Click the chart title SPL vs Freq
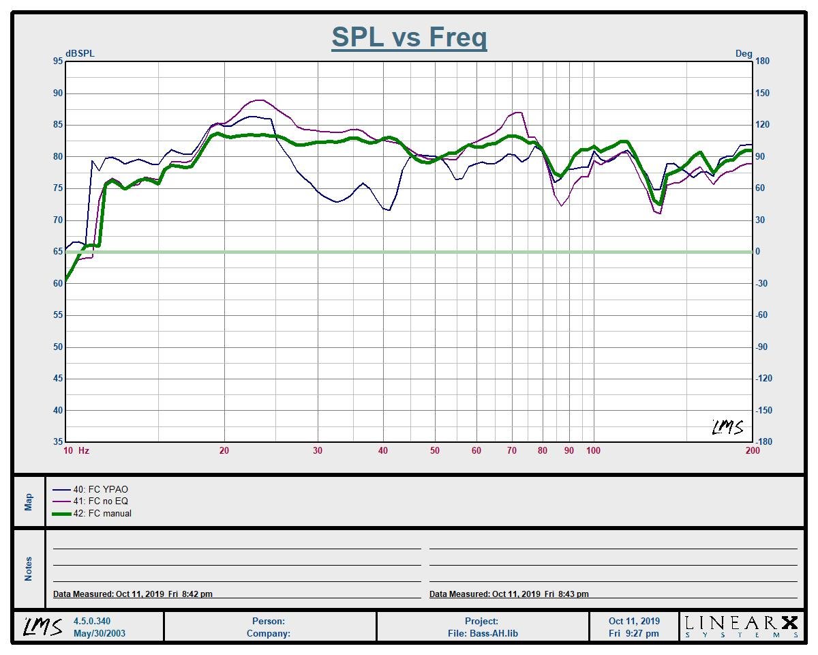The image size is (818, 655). click(x=409, y=37)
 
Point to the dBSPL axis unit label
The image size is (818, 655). click(x=80, y=53)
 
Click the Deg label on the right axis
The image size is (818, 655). click(x=744, y=53)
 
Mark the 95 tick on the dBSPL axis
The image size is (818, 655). click(x=57, y=61)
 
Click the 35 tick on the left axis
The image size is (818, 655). click(x=57, y=441)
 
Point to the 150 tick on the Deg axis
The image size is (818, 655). click(x=762, y=93)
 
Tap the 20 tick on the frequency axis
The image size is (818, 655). click(x=224, y=450)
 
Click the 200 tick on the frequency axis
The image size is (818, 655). click(x=753, y=450)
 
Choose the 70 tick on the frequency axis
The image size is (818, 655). click(x=512, y=450)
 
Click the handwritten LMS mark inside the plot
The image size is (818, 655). click(x=727, y=427)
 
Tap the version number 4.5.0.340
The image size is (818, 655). click(x=92, y=621)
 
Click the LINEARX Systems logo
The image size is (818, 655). click(x=741, y=626)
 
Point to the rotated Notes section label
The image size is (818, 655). click(x=29, y=568)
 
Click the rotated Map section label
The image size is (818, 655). click(x=29, y=502)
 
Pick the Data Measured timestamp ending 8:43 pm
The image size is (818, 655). click(x=509, y=594)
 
